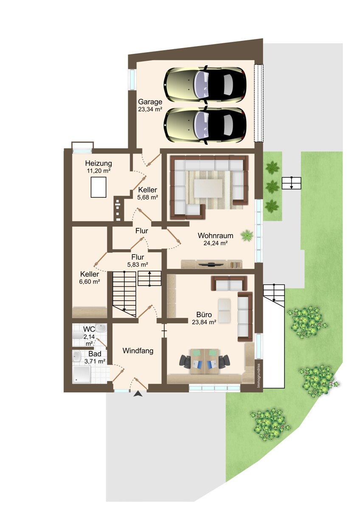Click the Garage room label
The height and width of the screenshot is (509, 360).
[x=150, y=102]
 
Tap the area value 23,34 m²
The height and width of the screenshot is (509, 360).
[x=150, y=109]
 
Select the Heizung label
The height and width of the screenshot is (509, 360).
[x=98, y=163]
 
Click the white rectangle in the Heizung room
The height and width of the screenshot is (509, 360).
[x=98, y=187]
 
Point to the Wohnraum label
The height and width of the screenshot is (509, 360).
[x=215, y=235]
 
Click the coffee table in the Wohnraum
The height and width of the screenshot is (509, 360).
[x=208, y=188]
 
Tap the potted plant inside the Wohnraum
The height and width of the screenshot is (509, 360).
[x=247, y=235]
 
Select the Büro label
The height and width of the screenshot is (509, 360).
[x=204, y=315]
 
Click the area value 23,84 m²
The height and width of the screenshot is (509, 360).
[x=204, y=322]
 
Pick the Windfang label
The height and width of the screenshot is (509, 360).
[x=138, y=351]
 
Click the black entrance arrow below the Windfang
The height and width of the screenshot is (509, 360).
[x=138, y=394]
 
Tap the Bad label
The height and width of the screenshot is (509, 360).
[x=95, y=354]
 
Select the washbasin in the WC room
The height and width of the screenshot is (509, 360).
[x=101, y=328]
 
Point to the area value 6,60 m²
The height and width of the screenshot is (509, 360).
[x=90, y=282]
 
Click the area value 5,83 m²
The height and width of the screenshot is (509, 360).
[x=138, y=265]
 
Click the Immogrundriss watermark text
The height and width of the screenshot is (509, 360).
[x=259, y=376]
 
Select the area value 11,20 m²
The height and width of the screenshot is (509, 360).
[x=98, y=171]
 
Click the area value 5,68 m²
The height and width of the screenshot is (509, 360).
[x=148, y=197]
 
